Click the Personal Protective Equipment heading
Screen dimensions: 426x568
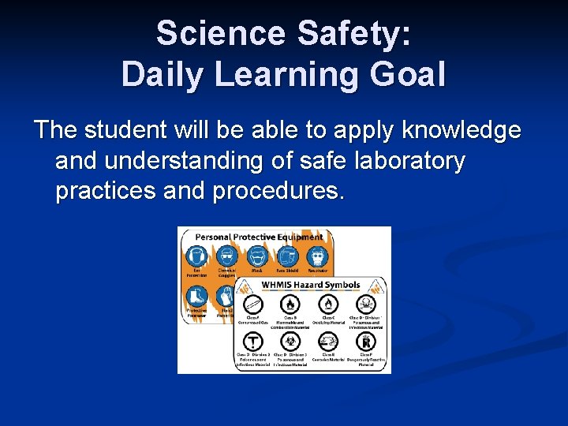(259, 237)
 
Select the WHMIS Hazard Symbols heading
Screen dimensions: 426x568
(311, 285)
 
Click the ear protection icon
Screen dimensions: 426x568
(196, 256)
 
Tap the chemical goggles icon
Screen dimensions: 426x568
(227, 256)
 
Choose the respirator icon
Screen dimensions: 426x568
(317, 256)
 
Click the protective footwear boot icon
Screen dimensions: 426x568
(196, 296)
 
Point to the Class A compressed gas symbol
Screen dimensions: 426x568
(253, 305)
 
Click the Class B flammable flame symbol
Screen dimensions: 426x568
(291, 305)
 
